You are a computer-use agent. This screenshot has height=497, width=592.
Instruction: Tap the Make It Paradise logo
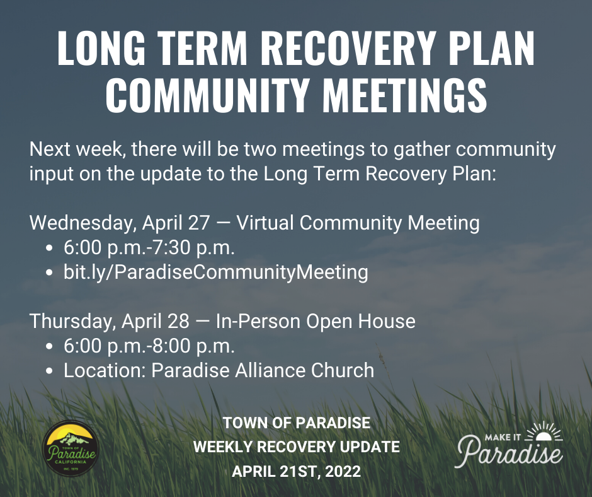click(x=510, y=444)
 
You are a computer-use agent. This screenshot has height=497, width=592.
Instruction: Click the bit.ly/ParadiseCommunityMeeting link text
click(x=215, y=272)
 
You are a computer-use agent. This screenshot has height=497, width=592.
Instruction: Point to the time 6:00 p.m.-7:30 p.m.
click(x=149, y=248)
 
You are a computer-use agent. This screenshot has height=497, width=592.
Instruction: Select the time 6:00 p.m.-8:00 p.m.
click(x=149, y=346)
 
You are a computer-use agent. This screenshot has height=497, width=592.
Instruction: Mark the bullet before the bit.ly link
click(x=49, y=273)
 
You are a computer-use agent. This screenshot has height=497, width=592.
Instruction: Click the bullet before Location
click(x=49, y=371)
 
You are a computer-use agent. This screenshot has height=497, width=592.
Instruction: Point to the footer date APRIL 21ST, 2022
click(x=296, y=471)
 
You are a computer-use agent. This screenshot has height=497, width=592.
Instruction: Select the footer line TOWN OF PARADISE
click(x=296, y=422)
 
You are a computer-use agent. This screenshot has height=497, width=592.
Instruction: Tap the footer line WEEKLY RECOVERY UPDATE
click(x=296, y=447)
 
